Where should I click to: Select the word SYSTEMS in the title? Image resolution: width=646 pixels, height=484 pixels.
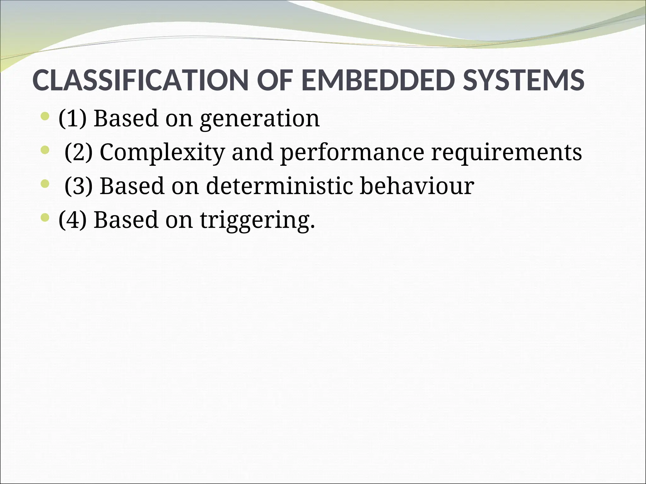point(523,80)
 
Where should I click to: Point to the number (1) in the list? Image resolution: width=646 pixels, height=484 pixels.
point(73,118)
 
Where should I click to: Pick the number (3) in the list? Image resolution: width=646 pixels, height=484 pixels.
point(79,186)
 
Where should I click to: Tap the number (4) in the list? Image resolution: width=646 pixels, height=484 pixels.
point(73,220)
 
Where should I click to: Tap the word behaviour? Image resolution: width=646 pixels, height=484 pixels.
point(417,186)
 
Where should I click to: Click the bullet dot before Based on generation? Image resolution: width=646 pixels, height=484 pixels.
point(45,117)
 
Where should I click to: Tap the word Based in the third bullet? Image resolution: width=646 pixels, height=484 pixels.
point(132,186)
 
